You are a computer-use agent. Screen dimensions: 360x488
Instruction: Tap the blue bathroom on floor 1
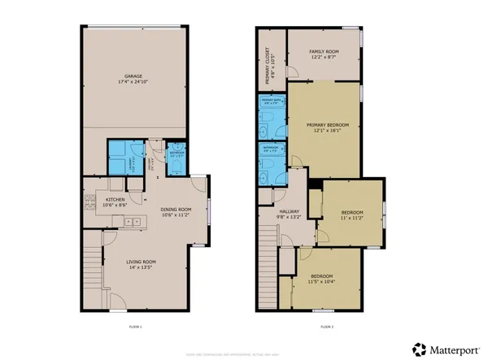tap(176, 161)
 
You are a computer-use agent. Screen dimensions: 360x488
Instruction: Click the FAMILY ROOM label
tap(323, 53)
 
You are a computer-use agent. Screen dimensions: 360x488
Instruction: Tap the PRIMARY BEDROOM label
tap(327, 124)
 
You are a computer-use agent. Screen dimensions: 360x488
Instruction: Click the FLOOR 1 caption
tap(135, 327)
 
